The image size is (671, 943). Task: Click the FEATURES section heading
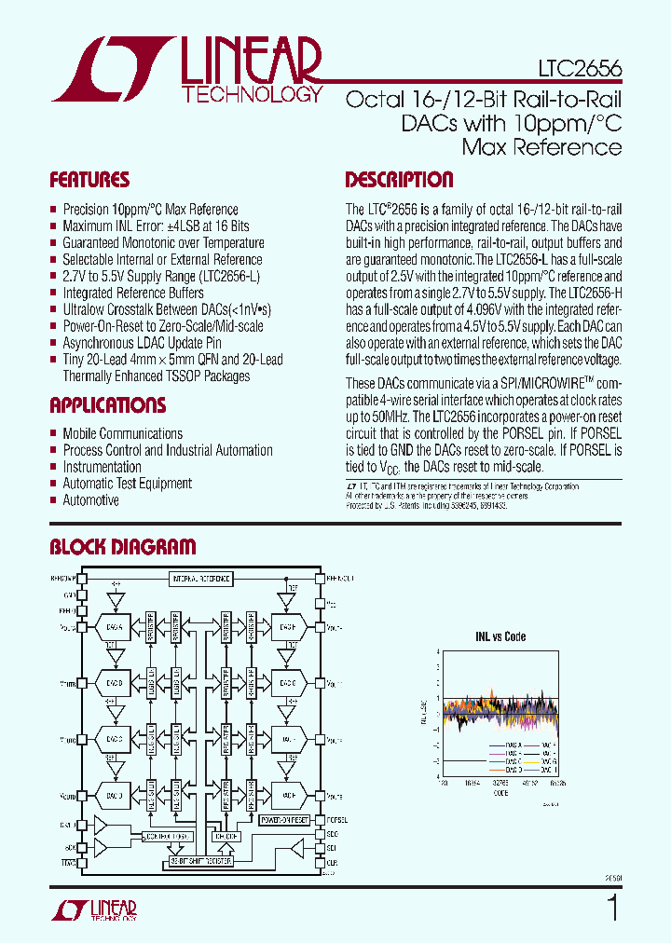pyautogui.click(x=89, y=180)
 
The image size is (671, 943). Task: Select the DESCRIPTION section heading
pyautogui.click(x=399, y=180)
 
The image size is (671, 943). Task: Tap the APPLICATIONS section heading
pyautogui.click(x=107, y=405)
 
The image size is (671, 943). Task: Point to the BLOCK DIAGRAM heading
pyautogui.click(x=122, y=547)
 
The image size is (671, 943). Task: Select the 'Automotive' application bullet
pyautogui.click(x=90, y=500)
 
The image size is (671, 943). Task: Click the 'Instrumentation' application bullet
pyautogui.click(x=102, y=467)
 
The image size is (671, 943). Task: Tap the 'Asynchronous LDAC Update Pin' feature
pyautogui.click(x=142, y=343)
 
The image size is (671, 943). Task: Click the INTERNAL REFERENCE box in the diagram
pyautogui.click(x=199, y=579)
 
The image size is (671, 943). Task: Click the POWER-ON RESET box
pyautogui.click(x=284, y=819)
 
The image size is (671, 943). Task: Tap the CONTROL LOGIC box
pyautogui.click(x=168, y=837)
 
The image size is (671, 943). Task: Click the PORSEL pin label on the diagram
pyautogui.click(x=337, y=821)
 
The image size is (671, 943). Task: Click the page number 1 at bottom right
pyautogui.click(x=612, y=907)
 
